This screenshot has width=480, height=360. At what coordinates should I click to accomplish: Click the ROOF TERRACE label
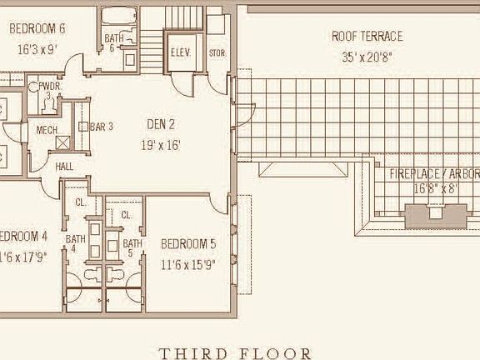click(x=367, y=37)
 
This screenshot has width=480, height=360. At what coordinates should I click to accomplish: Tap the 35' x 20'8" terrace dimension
click(x=367, y=57)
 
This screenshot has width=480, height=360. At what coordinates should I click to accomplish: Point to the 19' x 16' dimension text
click(x=161, y=145)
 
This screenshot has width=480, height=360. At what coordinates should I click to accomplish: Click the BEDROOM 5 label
click(x=188, y=244)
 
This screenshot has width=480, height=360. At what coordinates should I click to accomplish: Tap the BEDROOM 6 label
click(x=37, y=28)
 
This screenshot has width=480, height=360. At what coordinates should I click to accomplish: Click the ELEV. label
click(x=181, y=52)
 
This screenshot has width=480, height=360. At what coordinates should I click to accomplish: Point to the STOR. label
click(x=217, y=53)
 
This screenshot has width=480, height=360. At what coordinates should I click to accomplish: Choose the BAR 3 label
click(x=101, y=127)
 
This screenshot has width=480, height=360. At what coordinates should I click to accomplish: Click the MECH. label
click(x=46, y=131)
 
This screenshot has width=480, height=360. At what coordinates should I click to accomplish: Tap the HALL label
click(x=65, y=167)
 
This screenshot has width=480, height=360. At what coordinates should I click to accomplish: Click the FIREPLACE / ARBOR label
click(x=434, y=174)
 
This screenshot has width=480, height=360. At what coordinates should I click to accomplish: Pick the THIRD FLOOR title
click(x=235, y=353)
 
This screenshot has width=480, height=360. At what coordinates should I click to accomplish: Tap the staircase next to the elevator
click(x=151, y=41)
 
